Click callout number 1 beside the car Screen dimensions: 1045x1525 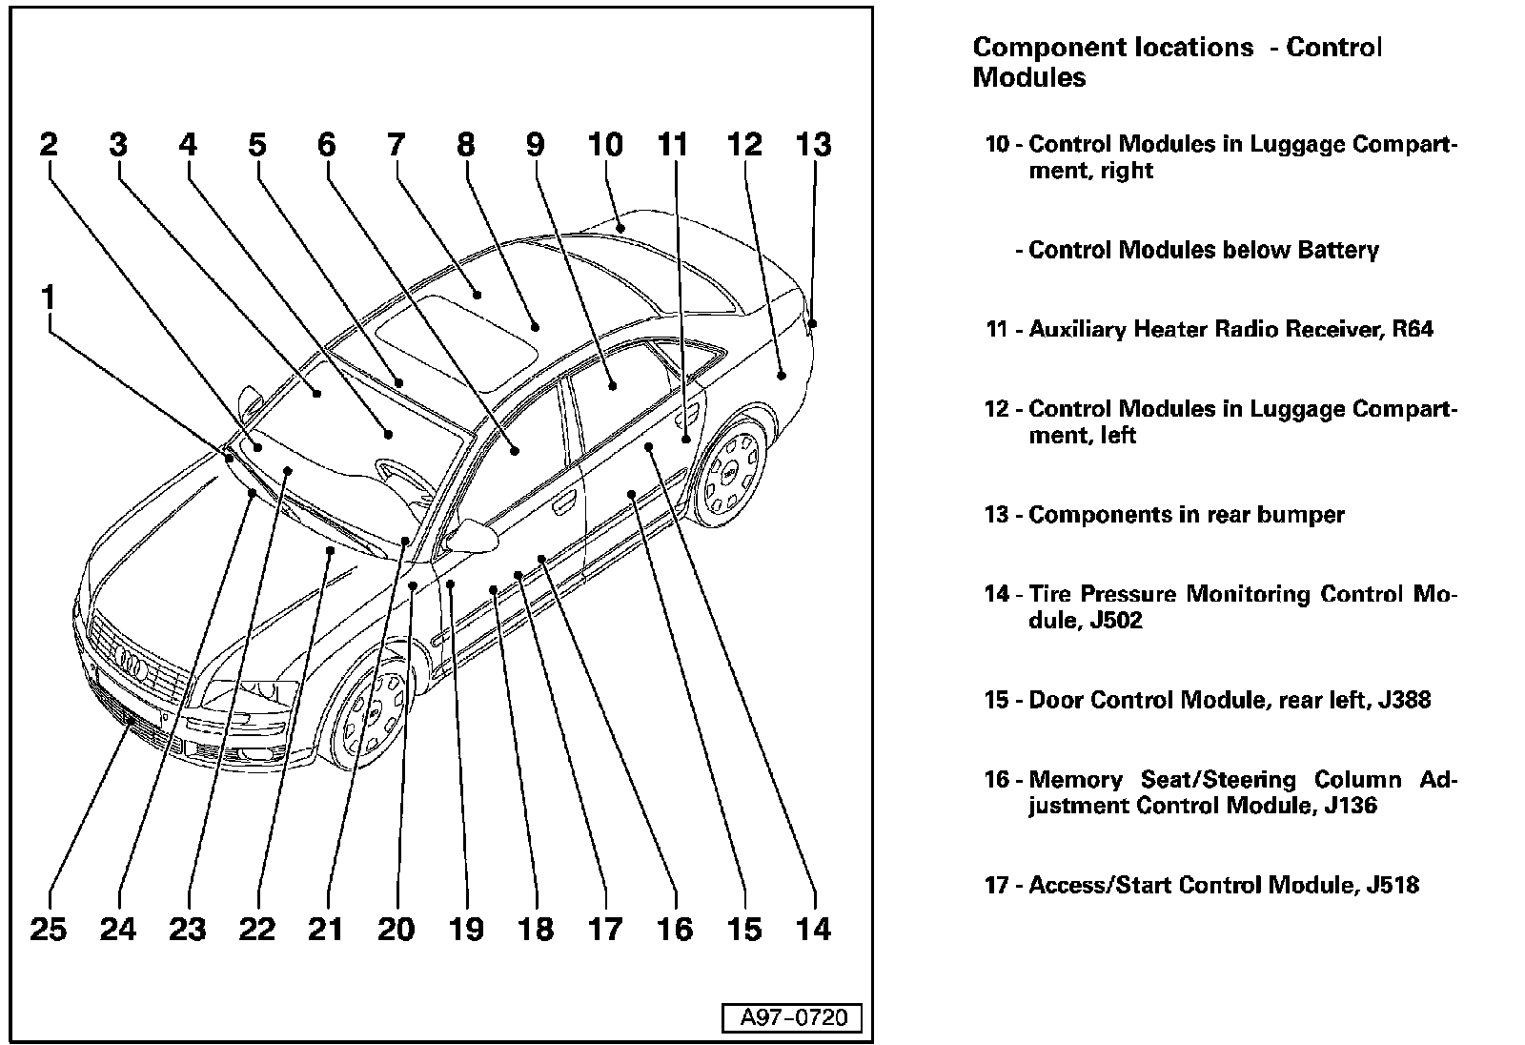click(x=48, y=298)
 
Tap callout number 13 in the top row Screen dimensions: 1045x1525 click(x=813, y=145)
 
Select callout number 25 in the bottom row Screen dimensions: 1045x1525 click(x=49, y=929)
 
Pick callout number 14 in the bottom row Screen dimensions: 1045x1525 click(x=814, y=929)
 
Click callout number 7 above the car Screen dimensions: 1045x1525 click(x=396, y=145)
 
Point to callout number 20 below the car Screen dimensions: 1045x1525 click(x=396, y=929)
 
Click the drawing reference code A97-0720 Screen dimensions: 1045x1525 click(x=792, y=1017)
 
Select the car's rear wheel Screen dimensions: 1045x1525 click(x=732, y=474)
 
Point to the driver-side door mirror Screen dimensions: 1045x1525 click(x=473, y=536)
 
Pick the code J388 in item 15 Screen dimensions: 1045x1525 click(x=1404, y=700)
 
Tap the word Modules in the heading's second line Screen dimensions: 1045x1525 click(x=1028, y=77)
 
